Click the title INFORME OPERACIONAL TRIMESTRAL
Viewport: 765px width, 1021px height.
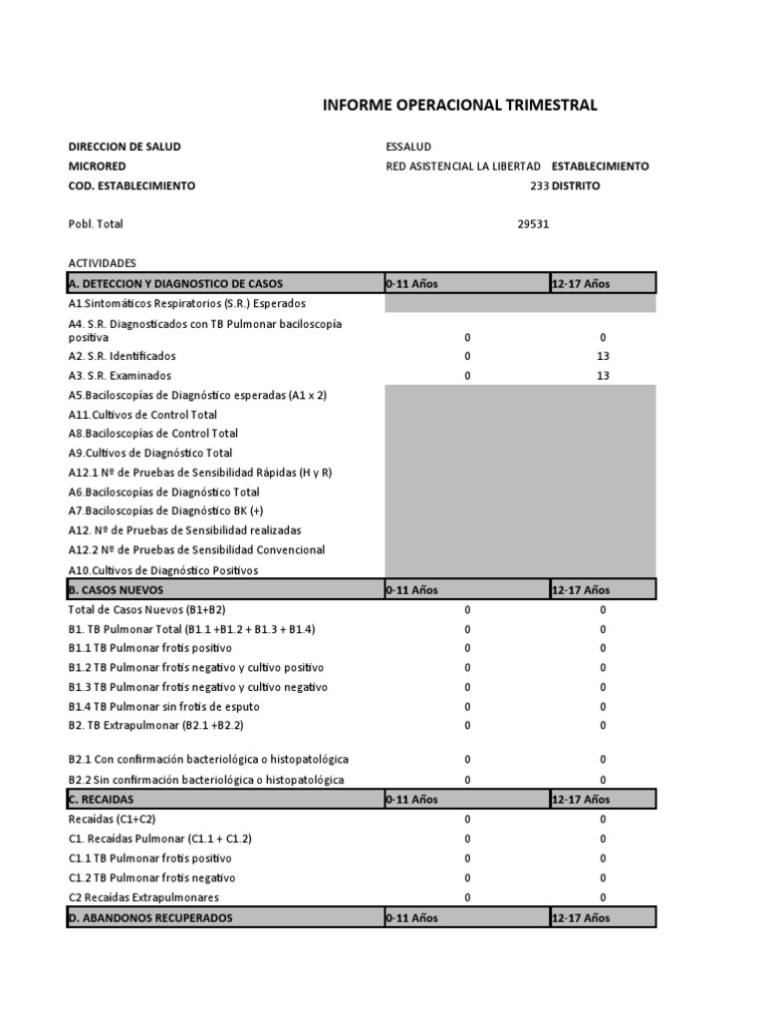click(x=460, y=105)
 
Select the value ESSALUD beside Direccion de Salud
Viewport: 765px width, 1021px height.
click(x=409, y=147)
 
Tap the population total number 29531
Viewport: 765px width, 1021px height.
click(x=533, y=224)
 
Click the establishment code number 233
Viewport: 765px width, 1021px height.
click(x=539, y=185)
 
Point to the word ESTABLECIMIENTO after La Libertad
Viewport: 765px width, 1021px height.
click(x=600, y=167)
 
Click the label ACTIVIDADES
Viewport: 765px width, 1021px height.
click(x=102, y=263)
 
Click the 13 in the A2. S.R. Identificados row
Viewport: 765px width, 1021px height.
click(x=603, y=356)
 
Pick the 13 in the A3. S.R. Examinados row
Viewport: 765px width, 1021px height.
click(x=603, y=376)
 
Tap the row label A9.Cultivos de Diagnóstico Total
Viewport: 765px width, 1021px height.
click(x=149, y=453)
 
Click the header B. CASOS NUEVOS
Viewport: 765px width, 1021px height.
click(x=118, y=589)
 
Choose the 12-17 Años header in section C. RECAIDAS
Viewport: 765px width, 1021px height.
click(x=580, y=799)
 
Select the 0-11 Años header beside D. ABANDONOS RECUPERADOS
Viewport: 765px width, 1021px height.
click(x=411, y=917)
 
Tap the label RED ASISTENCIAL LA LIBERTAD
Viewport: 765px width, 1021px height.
click(x=463, y=167)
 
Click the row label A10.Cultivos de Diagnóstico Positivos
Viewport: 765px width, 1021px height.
click(x=162, y=570)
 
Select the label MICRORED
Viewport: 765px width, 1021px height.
click(x=98, y=167)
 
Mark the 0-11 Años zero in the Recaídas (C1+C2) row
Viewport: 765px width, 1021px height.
click(x=467, y=819)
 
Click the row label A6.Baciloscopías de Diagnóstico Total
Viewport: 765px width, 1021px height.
click(x=163, y=492)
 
